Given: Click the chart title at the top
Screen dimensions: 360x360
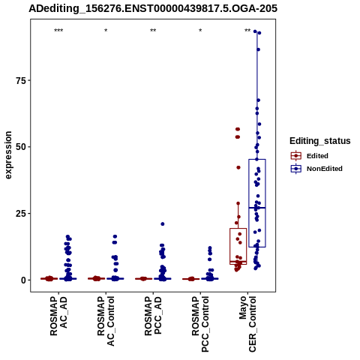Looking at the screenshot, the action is pos(153,8).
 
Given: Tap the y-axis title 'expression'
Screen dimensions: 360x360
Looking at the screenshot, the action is pos(8,155).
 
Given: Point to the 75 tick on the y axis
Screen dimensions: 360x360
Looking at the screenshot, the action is pos(21,80).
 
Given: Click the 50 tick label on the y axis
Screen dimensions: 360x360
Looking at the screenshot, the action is pos(21,147).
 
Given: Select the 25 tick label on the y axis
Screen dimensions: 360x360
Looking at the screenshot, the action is pos(21,214).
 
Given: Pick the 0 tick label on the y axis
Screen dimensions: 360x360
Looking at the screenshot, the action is pos(24,280).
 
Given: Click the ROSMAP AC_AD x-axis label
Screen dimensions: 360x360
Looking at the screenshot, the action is pos(58,316).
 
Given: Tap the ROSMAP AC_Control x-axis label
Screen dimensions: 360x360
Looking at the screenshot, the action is pos(106,321).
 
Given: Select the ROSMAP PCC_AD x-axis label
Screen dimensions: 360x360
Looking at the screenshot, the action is pos(153,316).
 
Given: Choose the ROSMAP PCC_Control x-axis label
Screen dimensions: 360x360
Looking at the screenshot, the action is pos(200,324).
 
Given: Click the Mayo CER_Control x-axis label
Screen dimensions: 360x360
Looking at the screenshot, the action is pos(247,324).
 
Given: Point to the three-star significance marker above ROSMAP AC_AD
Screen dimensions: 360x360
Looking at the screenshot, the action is pos(58,31).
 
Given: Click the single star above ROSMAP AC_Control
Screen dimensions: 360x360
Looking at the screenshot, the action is pos(106,31).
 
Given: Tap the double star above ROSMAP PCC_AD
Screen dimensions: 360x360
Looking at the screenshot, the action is pos(153,31).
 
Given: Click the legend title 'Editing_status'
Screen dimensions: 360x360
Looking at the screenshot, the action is pos(320,141).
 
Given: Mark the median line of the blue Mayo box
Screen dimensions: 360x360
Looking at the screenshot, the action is pos(257,208).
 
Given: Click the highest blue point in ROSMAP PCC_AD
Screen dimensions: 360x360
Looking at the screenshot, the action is pos(163,224).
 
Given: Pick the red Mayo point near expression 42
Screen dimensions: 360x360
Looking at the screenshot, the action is pos(238,167).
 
